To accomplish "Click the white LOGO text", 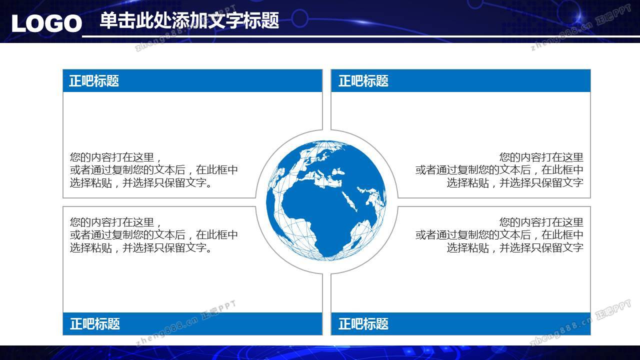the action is point(47,23).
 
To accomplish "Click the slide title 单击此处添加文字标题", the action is point(189,20).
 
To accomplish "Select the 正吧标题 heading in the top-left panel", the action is point(94,81).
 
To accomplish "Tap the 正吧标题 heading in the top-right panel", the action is point(363,81).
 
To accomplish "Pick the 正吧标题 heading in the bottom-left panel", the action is point(95,324).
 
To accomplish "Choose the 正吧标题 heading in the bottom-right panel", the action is point(363,324).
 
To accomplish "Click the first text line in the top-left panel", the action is point(115,157).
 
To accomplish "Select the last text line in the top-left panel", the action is point(141,183).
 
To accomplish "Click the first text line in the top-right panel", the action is point(541,157).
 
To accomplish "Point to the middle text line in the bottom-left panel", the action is point(154,235).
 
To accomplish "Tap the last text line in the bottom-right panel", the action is point(515,247).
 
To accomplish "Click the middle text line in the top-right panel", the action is point(499,170).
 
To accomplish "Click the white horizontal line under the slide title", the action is point(361,36).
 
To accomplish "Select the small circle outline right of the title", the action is point(299,18).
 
